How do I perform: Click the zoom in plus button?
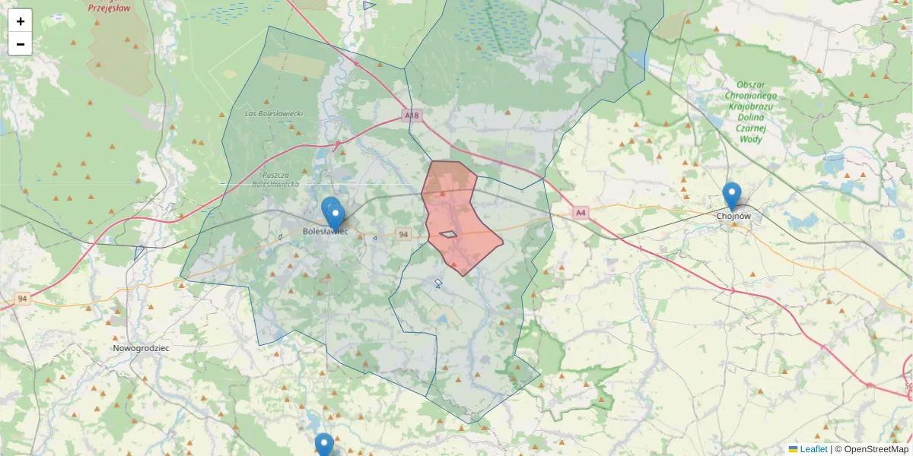[21, 21]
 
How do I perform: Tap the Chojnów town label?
[733, 216]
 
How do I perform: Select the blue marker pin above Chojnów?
[731, 195]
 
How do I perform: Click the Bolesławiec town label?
[325, 231]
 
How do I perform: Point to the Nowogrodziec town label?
[141, 348]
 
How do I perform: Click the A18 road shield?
[411, 116]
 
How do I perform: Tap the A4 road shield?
[581, 213]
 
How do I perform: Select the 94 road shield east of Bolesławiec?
[403, 235]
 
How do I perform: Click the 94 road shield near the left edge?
[22, 299]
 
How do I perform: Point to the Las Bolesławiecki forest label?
[274, 114]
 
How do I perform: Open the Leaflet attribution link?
[813, 449]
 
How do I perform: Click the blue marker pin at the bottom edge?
[324, 445]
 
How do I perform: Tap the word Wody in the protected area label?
[749, 140]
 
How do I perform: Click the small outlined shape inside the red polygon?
[449, 234]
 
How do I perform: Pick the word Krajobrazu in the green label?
[750, 106]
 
